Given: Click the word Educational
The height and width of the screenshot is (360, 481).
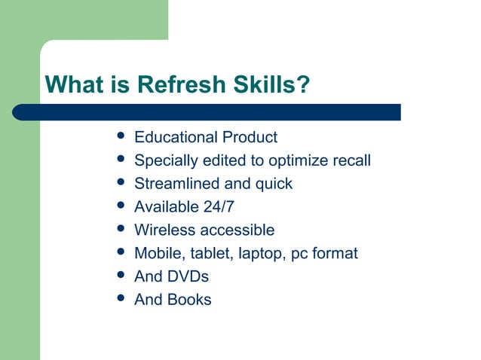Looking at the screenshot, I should [176, 138].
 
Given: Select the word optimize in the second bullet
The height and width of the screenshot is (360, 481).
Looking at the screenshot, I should [290, 161].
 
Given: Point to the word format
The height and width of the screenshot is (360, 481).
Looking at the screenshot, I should [334, 254].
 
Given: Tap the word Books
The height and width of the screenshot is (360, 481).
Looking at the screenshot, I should [189, 300].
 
